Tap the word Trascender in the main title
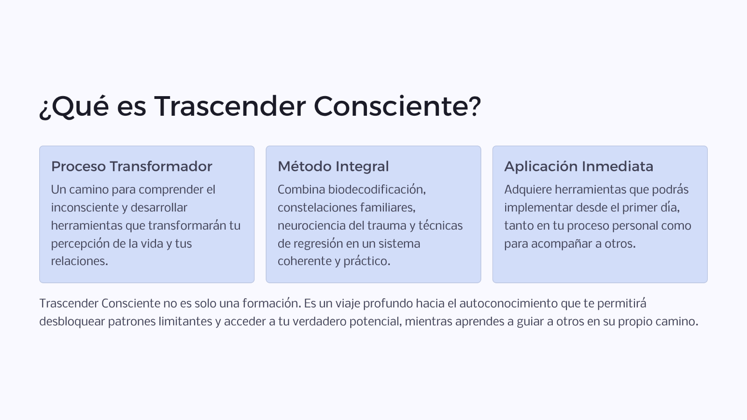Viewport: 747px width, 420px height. (x=230, y=106)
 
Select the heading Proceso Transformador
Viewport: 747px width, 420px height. (x=132, y=166)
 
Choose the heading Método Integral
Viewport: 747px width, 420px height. (x=333, y=166)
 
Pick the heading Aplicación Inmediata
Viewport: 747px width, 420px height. (x=578, y=166)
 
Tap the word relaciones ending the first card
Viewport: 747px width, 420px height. (x=79, y=261)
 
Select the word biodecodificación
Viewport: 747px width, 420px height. (x=377, y=189)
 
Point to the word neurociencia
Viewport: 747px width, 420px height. (x=311, y=225)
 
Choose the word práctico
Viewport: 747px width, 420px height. (x=367, y=261)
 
